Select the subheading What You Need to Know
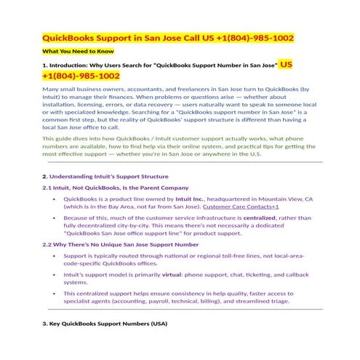[77, 52]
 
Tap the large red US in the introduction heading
[286, 65]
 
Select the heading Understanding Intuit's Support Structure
[108, 176]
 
